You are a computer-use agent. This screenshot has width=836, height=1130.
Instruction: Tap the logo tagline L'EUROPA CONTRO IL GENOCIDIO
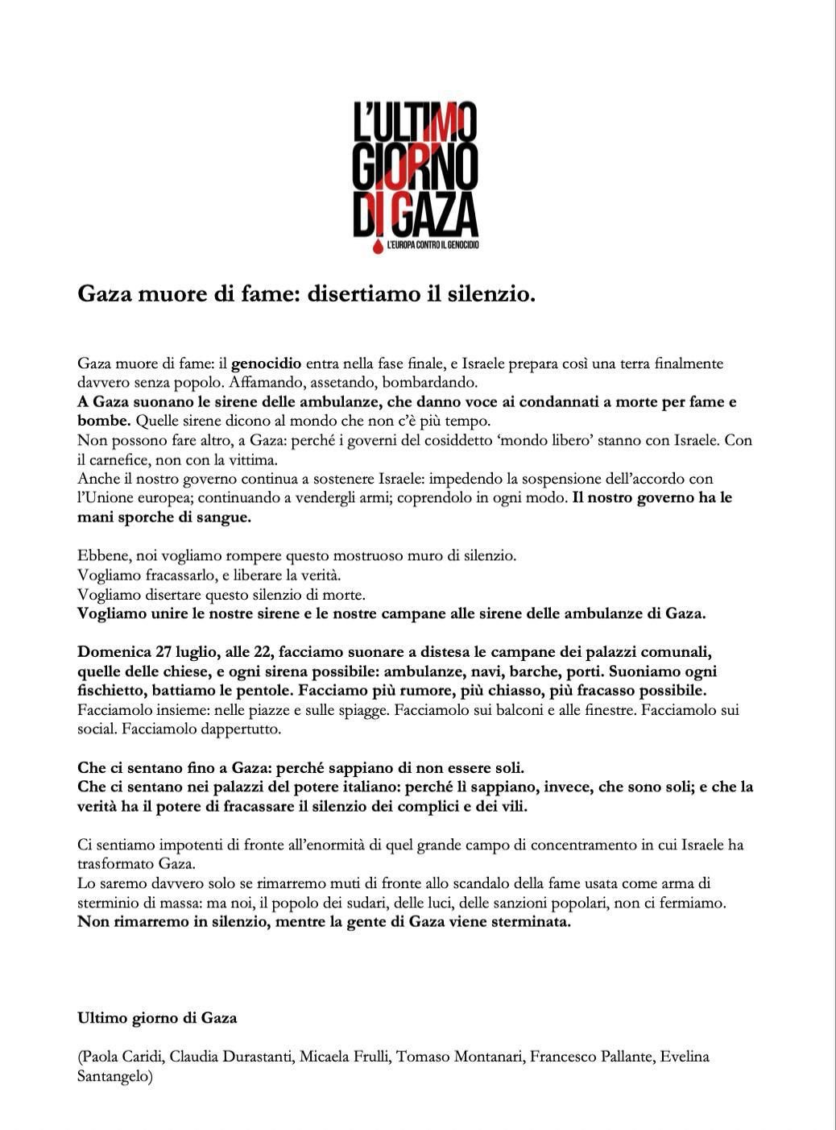click(x=432, y=244)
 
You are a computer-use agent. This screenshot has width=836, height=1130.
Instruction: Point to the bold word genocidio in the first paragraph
click(x=267, y=364)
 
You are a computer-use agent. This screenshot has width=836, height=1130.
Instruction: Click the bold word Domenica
click(x=114, y=651)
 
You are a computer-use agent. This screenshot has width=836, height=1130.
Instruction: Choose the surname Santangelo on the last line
click(x=113, y=1076)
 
